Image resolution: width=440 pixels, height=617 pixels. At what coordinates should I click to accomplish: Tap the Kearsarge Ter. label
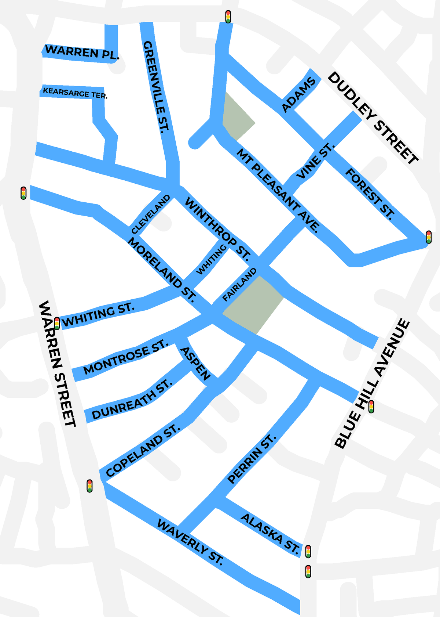(75, 93)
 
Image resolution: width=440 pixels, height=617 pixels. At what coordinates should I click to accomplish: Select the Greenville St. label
(156, 86)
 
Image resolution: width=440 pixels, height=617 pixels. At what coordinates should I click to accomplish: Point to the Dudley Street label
(373, 118)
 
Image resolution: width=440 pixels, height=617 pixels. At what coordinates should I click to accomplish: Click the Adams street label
(298, 95)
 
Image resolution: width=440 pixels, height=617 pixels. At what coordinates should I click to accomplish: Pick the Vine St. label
(316, 161)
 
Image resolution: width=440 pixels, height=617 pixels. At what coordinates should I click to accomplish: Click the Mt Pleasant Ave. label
(278, 190)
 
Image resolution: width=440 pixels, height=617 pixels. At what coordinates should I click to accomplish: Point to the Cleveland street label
(151, 214)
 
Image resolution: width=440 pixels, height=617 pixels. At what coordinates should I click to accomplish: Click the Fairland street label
(239, 285)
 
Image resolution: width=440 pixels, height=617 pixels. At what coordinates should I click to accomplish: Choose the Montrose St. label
(126, 357)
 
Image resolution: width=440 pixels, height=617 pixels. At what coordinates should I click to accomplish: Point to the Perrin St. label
(251, 459)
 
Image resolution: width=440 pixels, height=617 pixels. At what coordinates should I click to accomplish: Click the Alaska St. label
(270, 534)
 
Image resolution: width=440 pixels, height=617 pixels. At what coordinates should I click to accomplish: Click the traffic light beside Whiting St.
(57, 323)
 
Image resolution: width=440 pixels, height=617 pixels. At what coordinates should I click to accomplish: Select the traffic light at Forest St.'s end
(429, 237)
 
